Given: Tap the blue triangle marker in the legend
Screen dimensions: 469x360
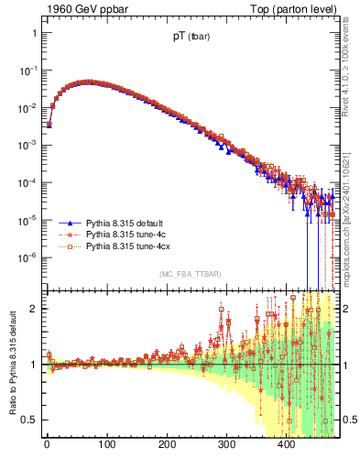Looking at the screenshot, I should tap(67, 223).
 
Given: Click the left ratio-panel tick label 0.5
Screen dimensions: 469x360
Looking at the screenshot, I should tap(30, 420).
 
